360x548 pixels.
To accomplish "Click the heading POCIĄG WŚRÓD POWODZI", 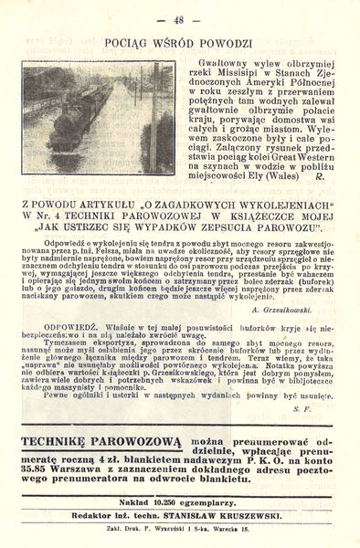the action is pos(179,42).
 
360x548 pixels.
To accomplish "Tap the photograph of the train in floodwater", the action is pos(97,118).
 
